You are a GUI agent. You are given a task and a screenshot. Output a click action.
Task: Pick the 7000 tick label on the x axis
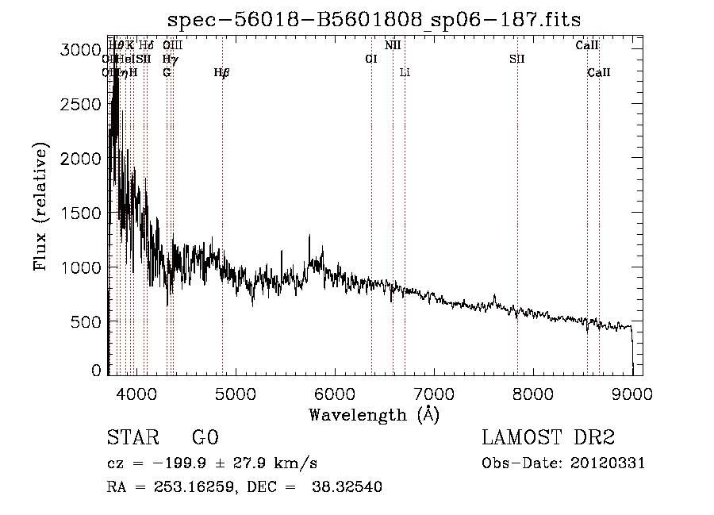point(433,393)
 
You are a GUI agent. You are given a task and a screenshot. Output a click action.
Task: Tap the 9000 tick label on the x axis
point(632,393)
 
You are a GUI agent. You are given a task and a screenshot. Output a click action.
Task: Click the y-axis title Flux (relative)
point(40,207)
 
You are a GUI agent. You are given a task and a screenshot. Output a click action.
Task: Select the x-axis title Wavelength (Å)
point(374,414)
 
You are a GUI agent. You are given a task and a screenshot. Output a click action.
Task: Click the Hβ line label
point(221,73)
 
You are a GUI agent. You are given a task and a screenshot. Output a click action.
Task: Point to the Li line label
point(405,73)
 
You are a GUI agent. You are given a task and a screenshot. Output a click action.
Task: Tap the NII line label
point(393,45)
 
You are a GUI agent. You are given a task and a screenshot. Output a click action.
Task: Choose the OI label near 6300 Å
point(370,59)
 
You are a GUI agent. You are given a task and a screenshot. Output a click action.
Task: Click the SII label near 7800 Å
point(517,59)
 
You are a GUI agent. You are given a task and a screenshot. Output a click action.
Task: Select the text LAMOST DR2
point(548,438)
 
